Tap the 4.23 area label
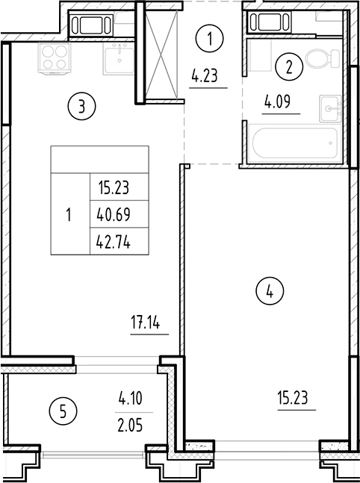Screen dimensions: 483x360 (205, 75)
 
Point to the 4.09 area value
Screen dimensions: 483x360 (281, 99)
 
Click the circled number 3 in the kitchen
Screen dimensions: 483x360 (81, 107)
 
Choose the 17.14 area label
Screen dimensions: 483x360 (146, 323)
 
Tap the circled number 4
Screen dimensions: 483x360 (270, 292)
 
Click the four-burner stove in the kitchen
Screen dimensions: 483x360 (53, 57)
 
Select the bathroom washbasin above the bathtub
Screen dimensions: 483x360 (329, 109)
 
